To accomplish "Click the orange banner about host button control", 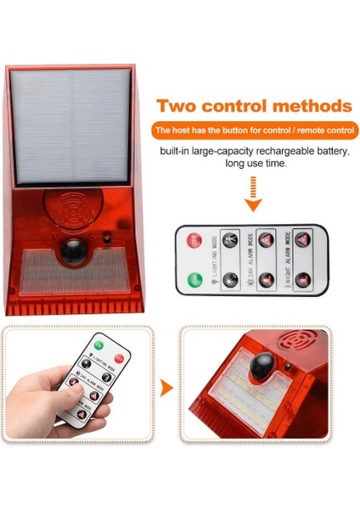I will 252,131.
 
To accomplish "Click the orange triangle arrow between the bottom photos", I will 167,389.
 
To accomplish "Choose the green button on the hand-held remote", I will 98,345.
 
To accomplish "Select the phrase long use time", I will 251,164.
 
